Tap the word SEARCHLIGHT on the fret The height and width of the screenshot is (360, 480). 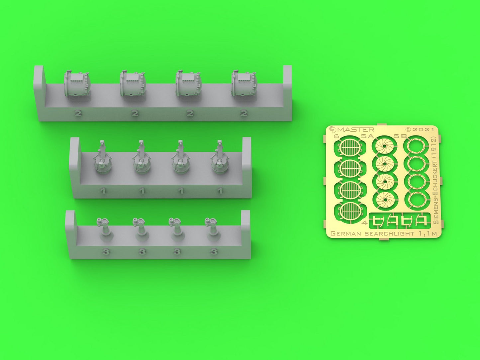click(389, 234)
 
